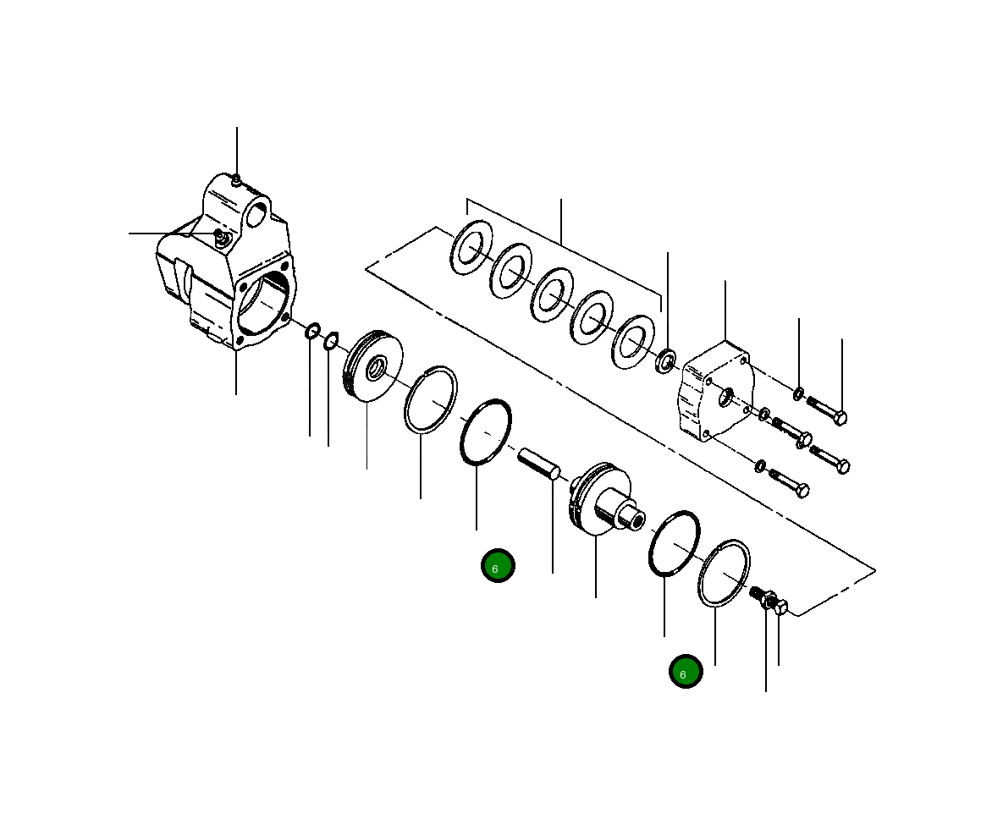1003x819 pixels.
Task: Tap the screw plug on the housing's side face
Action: [219, 234]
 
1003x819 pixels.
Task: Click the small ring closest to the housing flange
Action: [311, 330]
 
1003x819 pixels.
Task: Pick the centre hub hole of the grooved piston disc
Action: [375, 368]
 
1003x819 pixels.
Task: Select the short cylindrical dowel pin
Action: [538, 464]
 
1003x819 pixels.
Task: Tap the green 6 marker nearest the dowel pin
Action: [498, 566]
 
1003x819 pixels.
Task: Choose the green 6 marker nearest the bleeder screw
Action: [685, 672]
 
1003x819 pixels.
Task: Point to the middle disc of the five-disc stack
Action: [552, 293]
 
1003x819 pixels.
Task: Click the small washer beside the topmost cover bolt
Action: [799, 393]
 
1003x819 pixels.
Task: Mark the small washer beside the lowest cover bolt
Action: [759, 466]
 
